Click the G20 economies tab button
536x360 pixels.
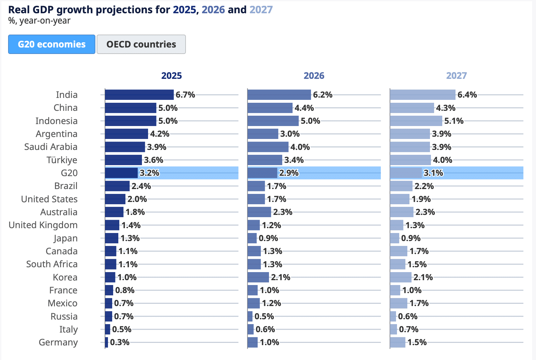pos(52,44)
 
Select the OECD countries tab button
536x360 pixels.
pos(141,44)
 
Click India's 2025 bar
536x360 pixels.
pos(139,95)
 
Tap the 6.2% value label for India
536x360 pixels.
pos(323,95)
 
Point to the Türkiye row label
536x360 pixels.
pos(62,160)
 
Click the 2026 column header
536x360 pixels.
pos(314,76)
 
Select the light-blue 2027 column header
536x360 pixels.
pos(456,76)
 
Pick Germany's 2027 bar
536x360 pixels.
pos(398,342)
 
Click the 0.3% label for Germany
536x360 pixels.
pos(120,342)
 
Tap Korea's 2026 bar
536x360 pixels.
pos(258,277)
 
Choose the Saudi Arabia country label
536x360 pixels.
pos(51,147)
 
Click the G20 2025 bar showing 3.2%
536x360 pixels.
pos(121,173)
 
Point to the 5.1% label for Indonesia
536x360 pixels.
pos(454,121)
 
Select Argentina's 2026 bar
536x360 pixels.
pos(263,134)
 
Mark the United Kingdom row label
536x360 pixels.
pos(43,225)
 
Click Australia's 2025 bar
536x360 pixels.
pos(114,212)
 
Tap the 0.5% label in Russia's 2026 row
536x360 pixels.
pos(264,316)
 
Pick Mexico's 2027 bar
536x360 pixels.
pos(399,303)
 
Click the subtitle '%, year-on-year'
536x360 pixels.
pos(39,21)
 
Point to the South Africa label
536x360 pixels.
pos(52,264)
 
